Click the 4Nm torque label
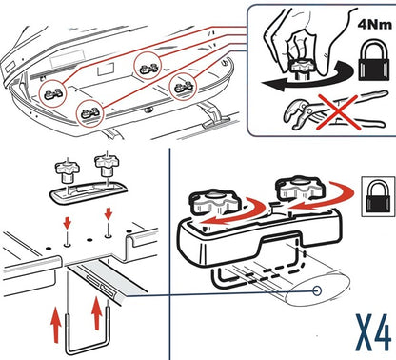point(375,25)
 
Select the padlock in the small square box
point(378,197)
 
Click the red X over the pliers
point(339,111)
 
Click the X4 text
point(373,332)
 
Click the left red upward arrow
point(56,325)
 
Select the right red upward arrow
point(97,313)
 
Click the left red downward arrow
point(67,223)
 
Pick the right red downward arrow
point(109,213)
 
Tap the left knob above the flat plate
point(67,171)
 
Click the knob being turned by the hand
point(302,68)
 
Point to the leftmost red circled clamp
point(53,93)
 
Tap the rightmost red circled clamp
point(183,87)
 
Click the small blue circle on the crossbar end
point(317,290)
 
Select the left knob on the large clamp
point(216,203)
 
